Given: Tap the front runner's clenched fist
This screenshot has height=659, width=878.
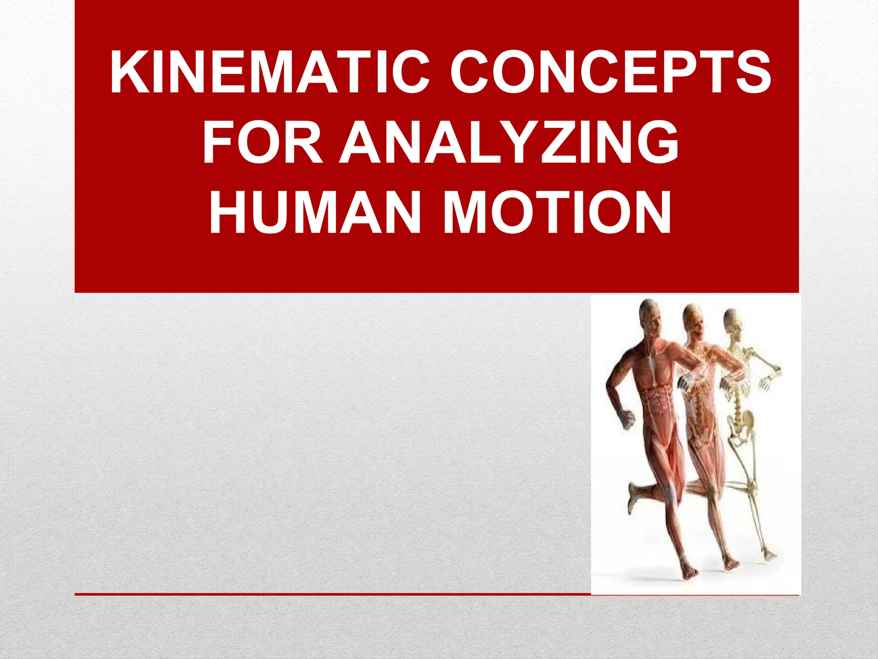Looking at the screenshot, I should (x=627, y=418).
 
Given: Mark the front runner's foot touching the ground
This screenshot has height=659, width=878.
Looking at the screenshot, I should (x=688, y=571).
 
